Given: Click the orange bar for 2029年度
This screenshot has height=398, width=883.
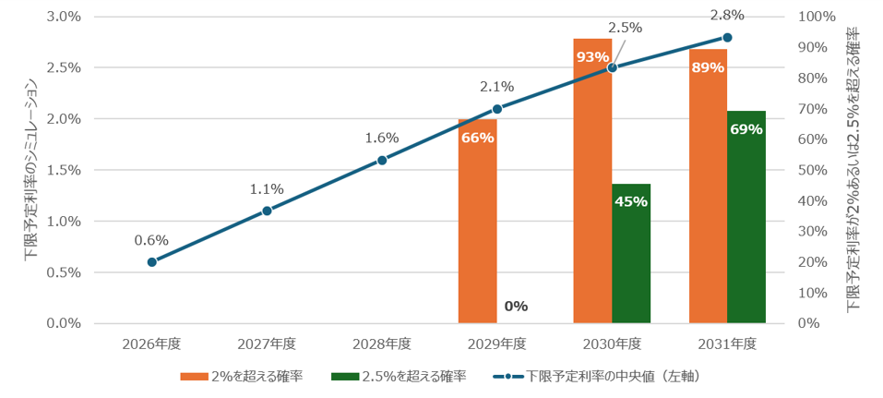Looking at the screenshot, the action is pos(478,221).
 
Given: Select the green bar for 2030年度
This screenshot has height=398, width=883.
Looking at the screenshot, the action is pos(631,254).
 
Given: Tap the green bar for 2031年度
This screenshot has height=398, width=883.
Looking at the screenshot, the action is pos(746,217).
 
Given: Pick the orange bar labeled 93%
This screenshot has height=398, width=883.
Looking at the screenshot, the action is pos(592,181).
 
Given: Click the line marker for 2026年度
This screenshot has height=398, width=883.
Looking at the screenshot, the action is pos(152,262).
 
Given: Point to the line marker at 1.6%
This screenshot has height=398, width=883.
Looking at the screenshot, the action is pos(382,160).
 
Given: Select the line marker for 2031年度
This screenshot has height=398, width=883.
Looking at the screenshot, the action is pos(727,37).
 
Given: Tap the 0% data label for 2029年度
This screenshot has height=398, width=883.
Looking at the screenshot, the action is pos(516,307).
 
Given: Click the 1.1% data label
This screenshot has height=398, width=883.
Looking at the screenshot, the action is pos(267,190).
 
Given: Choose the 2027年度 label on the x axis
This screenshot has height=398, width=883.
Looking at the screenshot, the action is pos(267,344).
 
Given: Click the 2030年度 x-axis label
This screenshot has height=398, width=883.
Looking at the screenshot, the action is pos(612,344).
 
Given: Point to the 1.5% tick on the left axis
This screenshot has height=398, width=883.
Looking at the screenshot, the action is pos(64,170).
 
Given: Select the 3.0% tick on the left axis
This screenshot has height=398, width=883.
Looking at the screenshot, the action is pos(64,17).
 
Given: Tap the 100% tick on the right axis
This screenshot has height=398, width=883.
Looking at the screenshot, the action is pos(817,17).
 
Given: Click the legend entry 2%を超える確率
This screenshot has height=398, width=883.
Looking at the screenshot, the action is pos(242,376).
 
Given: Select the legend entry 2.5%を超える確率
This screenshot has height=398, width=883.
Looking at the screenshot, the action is pos(399,376).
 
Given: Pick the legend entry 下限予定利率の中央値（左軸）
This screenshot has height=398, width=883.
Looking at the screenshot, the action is pos(598,376).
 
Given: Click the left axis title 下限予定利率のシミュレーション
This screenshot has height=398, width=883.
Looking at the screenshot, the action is pos(30,170).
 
